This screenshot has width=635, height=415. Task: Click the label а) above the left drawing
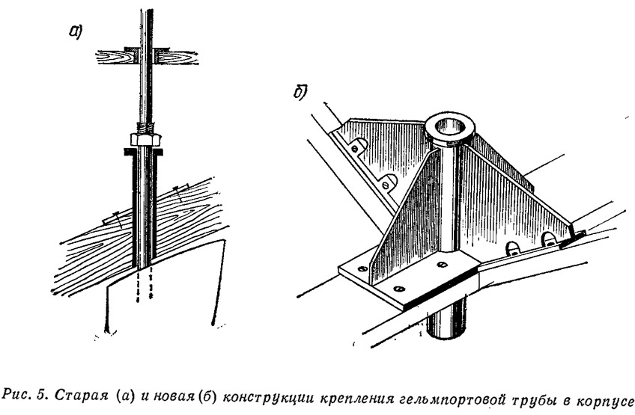pos(76,31)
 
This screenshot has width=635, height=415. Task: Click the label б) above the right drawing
pos(300,92)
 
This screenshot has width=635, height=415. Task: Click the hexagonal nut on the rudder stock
pos(146,140)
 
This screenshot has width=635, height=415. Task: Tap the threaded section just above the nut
pos(146,127)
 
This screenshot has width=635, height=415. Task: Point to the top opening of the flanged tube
pos(449,129)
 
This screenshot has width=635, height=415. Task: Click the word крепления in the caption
pos(356,399)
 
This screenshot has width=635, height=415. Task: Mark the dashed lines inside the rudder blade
pos(144,285)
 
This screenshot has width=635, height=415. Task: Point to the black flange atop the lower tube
pos(144,152)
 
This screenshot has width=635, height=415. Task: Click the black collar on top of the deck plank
pos(147,49)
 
